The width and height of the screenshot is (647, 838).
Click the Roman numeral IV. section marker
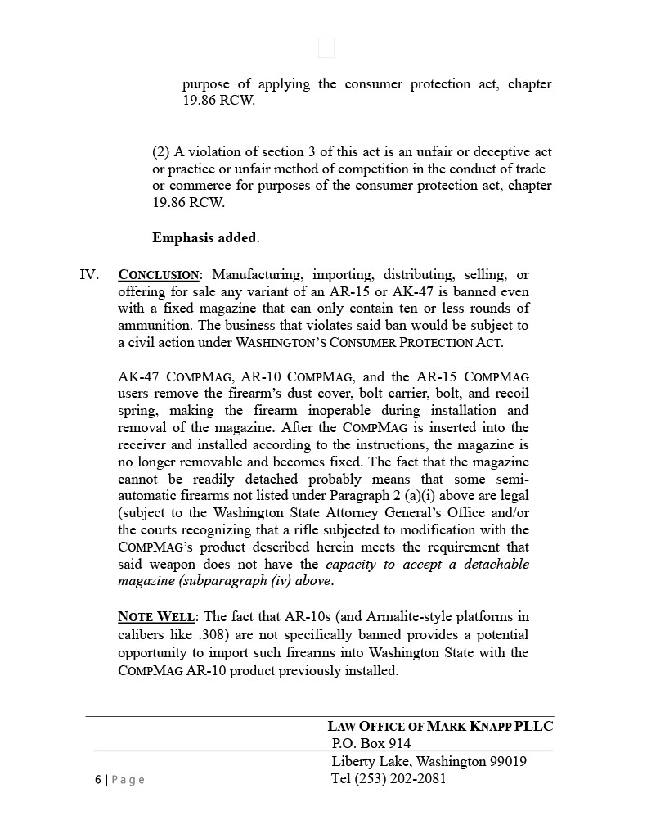[x=89, y=274]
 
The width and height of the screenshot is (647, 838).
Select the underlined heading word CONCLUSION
[x=159, y=275]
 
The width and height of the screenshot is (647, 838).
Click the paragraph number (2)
[x=161, y=152]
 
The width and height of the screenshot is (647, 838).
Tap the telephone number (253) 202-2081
[x=401, y=779]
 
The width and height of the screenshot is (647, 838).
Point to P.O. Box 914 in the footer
[x=371, y=744]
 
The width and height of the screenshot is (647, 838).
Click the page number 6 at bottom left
[x=97, y=780]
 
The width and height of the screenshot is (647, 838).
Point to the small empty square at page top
[x=326, y=48]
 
